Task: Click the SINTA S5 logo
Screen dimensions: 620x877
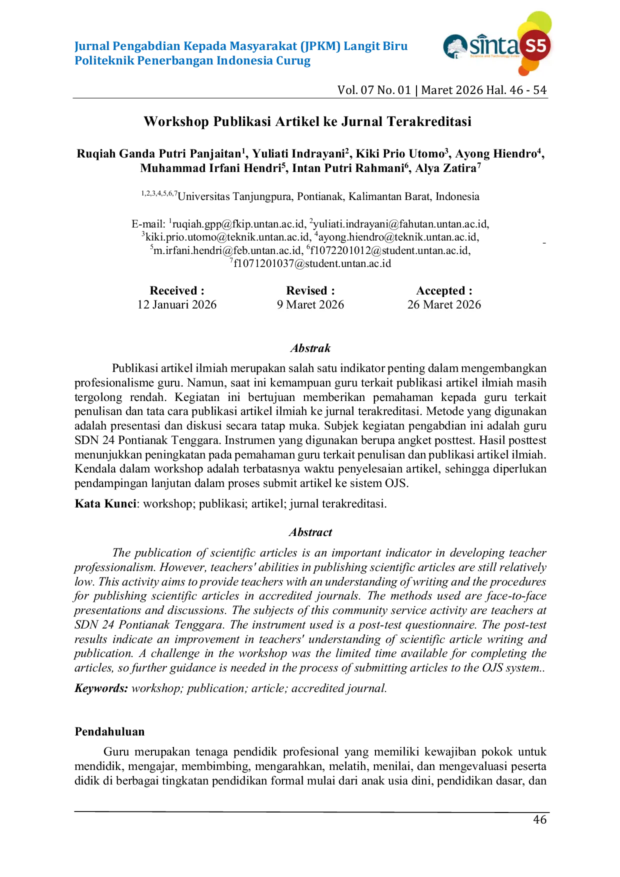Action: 497,43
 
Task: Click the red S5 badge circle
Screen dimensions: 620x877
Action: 535,46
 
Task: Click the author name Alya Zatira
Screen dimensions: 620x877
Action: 446,168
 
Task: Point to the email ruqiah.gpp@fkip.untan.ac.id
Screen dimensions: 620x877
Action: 238,223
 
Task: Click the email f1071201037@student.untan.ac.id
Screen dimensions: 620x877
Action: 312,263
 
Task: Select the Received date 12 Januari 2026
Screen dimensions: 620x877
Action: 177,304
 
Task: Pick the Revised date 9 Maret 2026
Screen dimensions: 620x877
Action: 310,304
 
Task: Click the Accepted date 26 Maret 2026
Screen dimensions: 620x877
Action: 444,304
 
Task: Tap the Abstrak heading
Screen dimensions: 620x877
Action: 310,348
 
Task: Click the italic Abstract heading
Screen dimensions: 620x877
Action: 310,532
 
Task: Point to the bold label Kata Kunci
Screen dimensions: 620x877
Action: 105,503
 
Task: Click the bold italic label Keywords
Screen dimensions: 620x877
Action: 101,688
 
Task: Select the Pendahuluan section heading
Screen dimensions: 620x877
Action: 109,731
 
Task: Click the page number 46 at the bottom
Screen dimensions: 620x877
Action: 540,819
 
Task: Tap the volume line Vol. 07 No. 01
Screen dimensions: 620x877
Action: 374,90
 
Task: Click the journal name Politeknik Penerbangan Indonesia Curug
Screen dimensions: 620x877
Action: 192,61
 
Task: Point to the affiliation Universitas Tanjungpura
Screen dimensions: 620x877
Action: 235,196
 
